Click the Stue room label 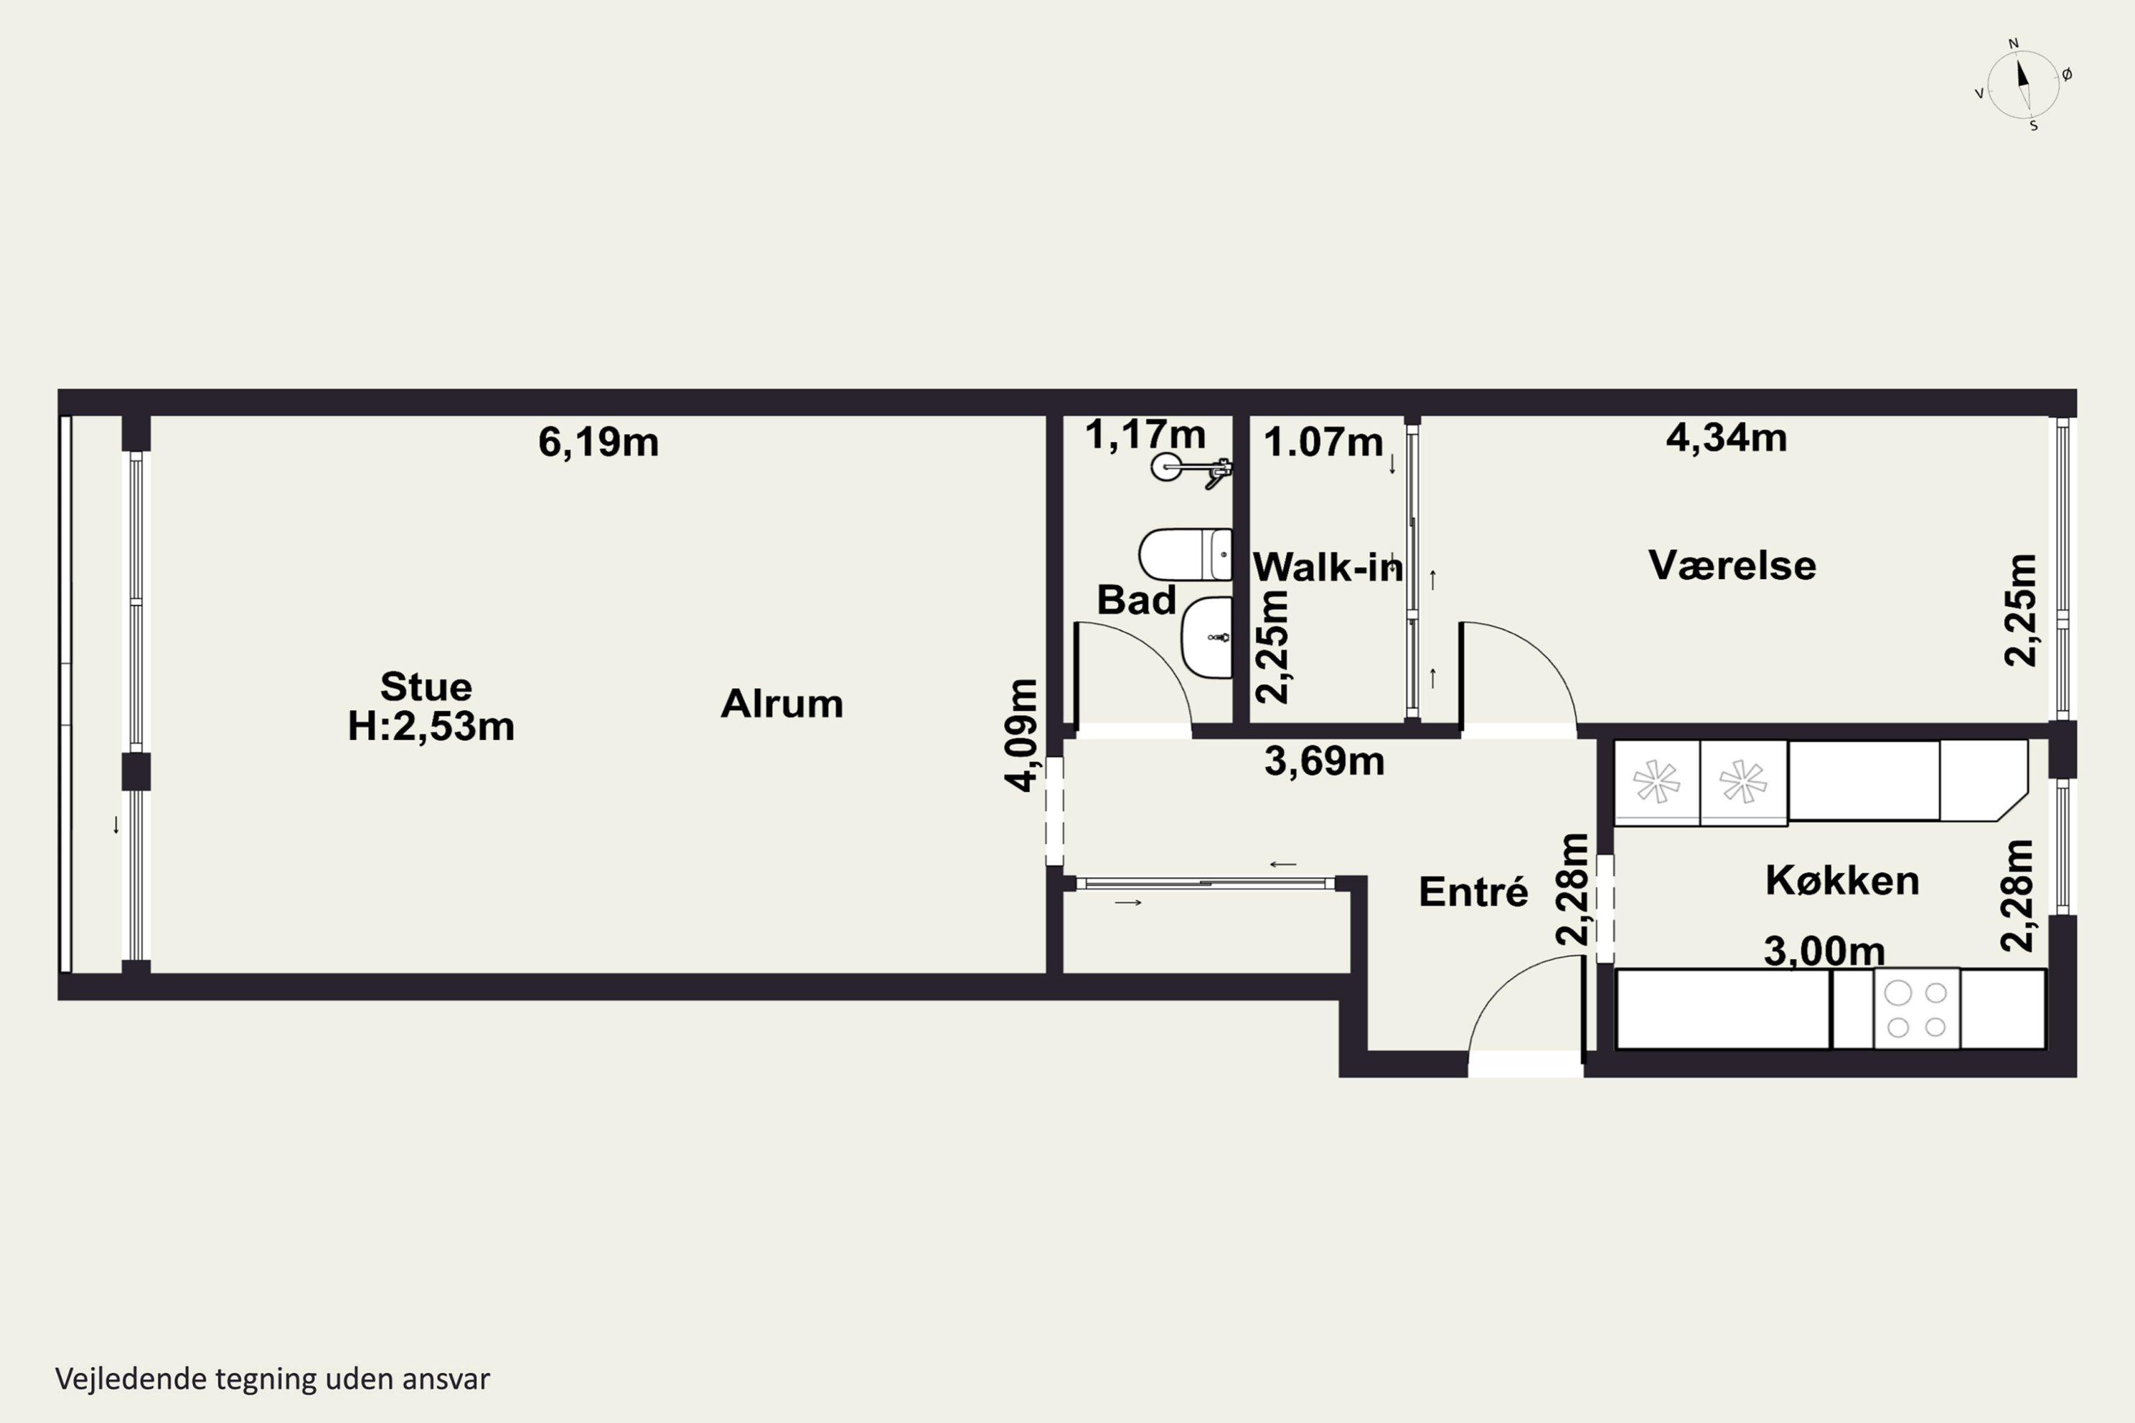pyautogui.click(x=426, y=687)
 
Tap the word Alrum pyautogui.click(x=781, y=704)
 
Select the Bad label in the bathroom pyautogui.click(x=1137, y=600)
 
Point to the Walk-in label pyautogui.click(x=1328, y=567)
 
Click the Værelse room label pyautogui.click(x=1732, y=566)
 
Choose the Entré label pyautogui.click(x=1473, y=892)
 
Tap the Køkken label pyautogui.click(x=1842, y=880)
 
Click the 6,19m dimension pyautogui.click(x=599, y=442)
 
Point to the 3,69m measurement pyautogui.click(x=1324, y=761)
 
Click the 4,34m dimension pyautogui.click(x=1727, y=438)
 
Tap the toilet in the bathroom pyautogui.click(x=1186, y=554)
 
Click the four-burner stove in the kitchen pyautogui.click(x=1917, y=1009)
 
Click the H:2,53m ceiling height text pyautogui.click(x=431, y=726)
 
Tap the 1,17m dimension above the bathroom pyautogui.click(x=1146, y=435)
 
